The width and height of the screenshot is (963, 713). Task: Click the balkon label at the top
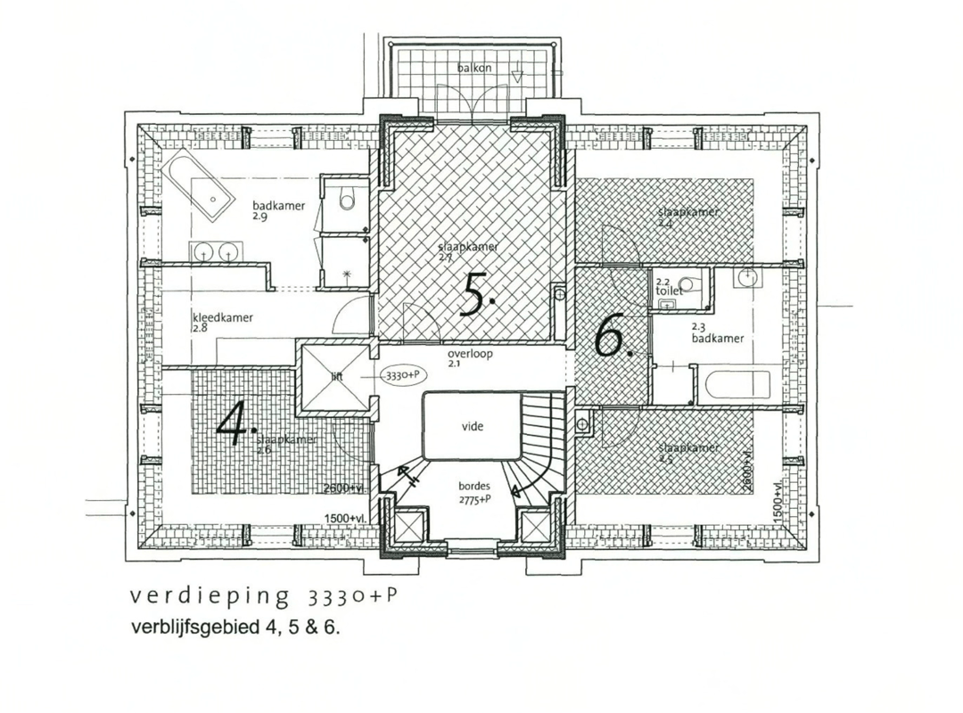(474, 68)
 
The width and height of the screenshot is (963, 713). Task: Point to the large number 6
(610, 336)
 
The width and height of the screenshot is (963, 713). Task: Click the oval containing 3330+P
(402, 376)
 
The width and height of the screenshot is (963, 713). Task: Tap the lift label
(337, 377)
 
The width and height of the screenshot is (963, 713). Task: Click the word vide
(472, 427)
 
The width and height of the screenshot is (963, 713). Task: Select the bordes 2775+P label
(473, 492)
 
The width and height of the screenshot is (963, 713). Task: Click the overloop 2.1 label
(470, 357)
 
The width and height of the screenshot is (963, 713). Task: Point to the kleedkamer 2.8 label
(222, 322)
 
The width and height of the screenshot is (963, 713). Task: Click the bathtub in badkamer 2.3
(737, 385)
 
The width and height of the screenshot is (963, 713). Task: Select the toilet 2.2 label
(669, 287)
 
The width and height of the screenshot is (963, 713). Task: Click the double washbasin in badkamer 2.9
(216, 252)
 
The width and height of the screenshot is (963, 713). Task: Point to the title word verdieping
(210, 595)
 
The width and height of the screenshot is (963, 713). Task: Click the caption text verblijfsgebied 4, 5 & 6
(235, 627)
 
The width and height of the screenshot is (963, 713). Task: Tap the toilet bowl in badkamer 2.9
(347, 201)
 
